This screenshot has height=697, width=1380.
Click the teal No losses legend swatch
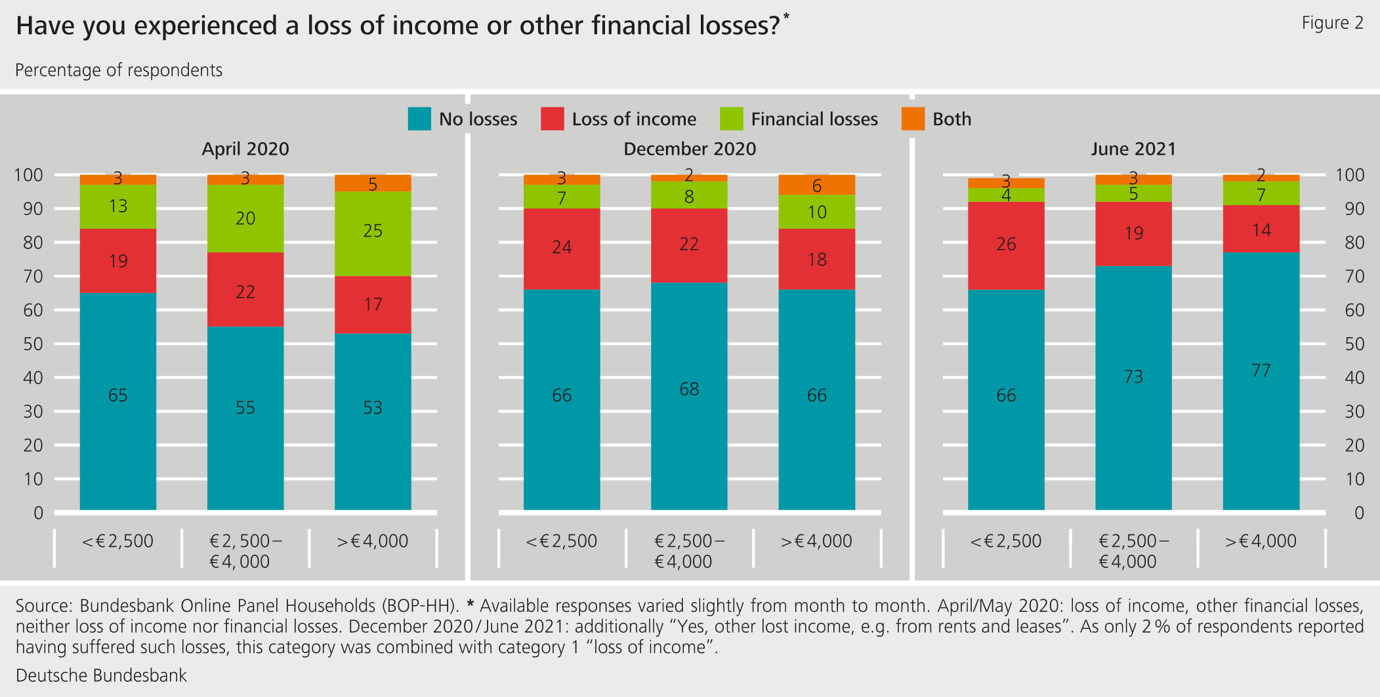click(x=419, y=119)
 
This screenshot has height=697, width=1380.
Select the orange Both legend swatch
click(x=913, y=119)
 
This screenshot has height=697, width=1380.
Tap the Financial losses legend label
click(x=814, y=119)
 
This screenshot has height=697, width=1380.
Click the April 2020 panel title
click(x=245, y=149)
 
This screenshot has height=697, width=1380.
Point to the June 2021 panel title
click(x=1133, y=149)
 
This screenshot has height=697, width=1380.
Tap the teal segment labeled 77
click(x=1261, y=380)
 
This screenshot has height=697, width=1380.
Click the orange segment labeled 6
click(x=816, y=185)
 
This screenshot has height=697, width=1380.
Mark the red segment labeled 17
click(x=373, y=305)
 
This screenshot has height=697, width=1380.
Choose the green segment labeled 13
click(x=118, y=207)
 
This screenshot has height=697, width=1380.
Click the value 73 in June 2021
click(x=1133, y=377)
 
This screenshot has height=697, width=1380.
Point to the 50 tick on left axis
click(x=33, y=344)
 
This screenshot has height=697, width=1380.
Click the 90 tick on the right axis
click(x=1354, y=209)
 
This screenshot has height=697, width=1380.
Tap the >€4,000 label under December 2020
click(x=816, y=542)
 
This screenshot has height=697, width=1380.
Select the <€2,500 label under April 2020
click(x=118, y=542)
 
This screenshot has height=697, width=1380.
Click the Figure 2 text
click(x=1332, y=23)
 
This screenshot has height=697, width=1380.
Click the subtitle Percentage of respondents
click(x=119, y=70)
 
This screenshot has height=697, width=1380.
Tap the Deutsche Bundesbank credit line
click(x=102, y=675)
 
